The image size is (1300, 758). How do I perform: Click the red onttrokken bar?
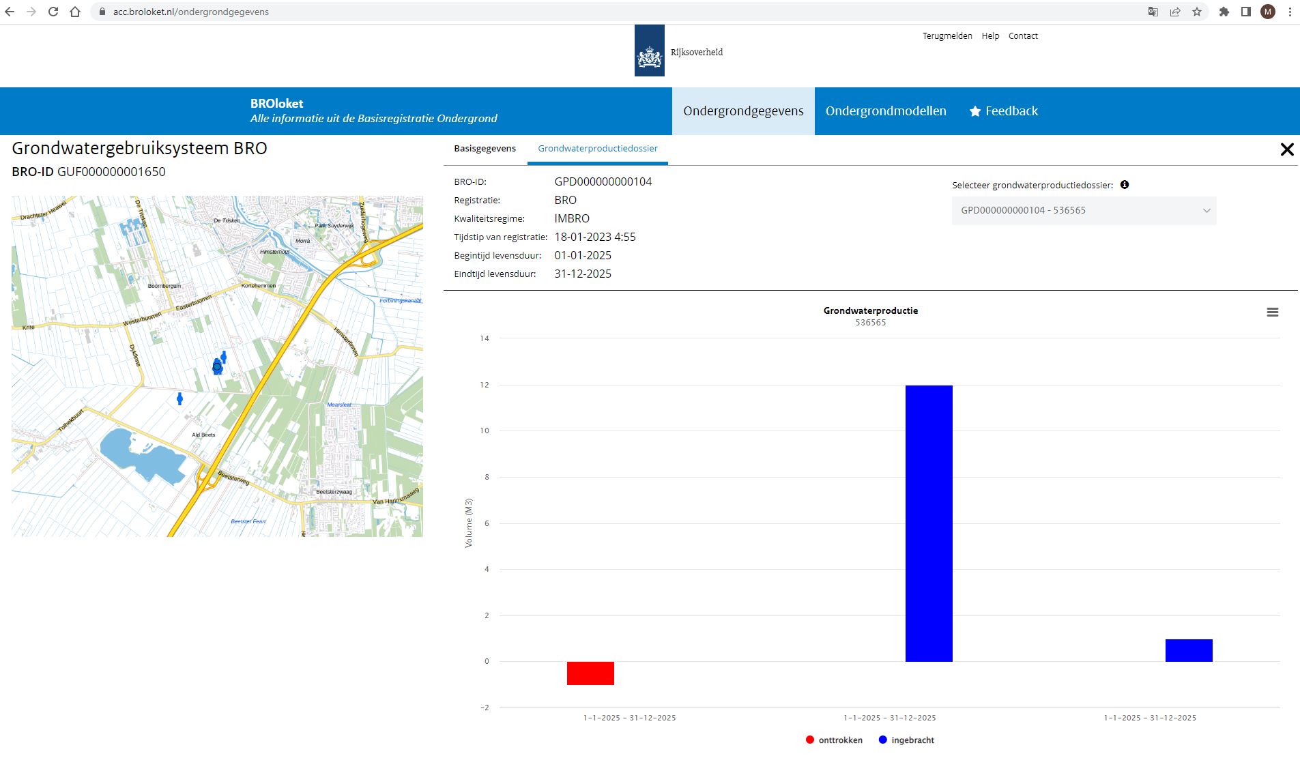590,673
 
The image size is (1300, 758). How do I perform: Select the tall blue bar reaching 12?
929,523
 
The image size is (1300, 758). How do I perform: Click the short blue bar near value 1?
1189,650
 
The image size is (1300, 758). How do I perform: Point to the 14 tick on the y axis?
485,338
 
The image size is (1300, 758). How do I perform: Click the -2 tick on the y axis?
485,708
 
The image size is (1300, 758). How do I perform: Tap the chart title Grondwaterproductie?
870,310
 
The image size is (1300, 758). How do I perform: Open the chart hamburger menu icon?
1272,312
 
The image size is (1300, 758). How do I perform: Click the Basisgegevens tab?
485,148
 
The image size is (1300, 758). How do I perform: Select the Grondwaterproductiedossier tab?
598,148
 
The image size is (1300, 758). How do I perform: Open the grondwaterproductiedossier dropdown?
1084,210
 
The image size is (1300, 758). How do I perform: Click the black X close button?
1287,149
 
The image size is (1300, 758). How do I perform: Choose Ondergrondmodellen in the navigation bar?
886,111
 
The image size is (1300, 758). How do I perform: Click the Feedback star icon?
975,111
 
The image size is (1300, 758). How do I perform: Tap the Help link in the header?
990,36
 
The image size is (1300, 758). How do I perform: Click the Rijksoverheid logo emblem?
650,51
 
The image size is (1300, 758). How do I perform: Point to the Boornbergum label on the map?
164,286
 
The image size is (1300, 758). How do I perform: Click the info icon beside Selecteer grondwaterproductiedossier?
1125,185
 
